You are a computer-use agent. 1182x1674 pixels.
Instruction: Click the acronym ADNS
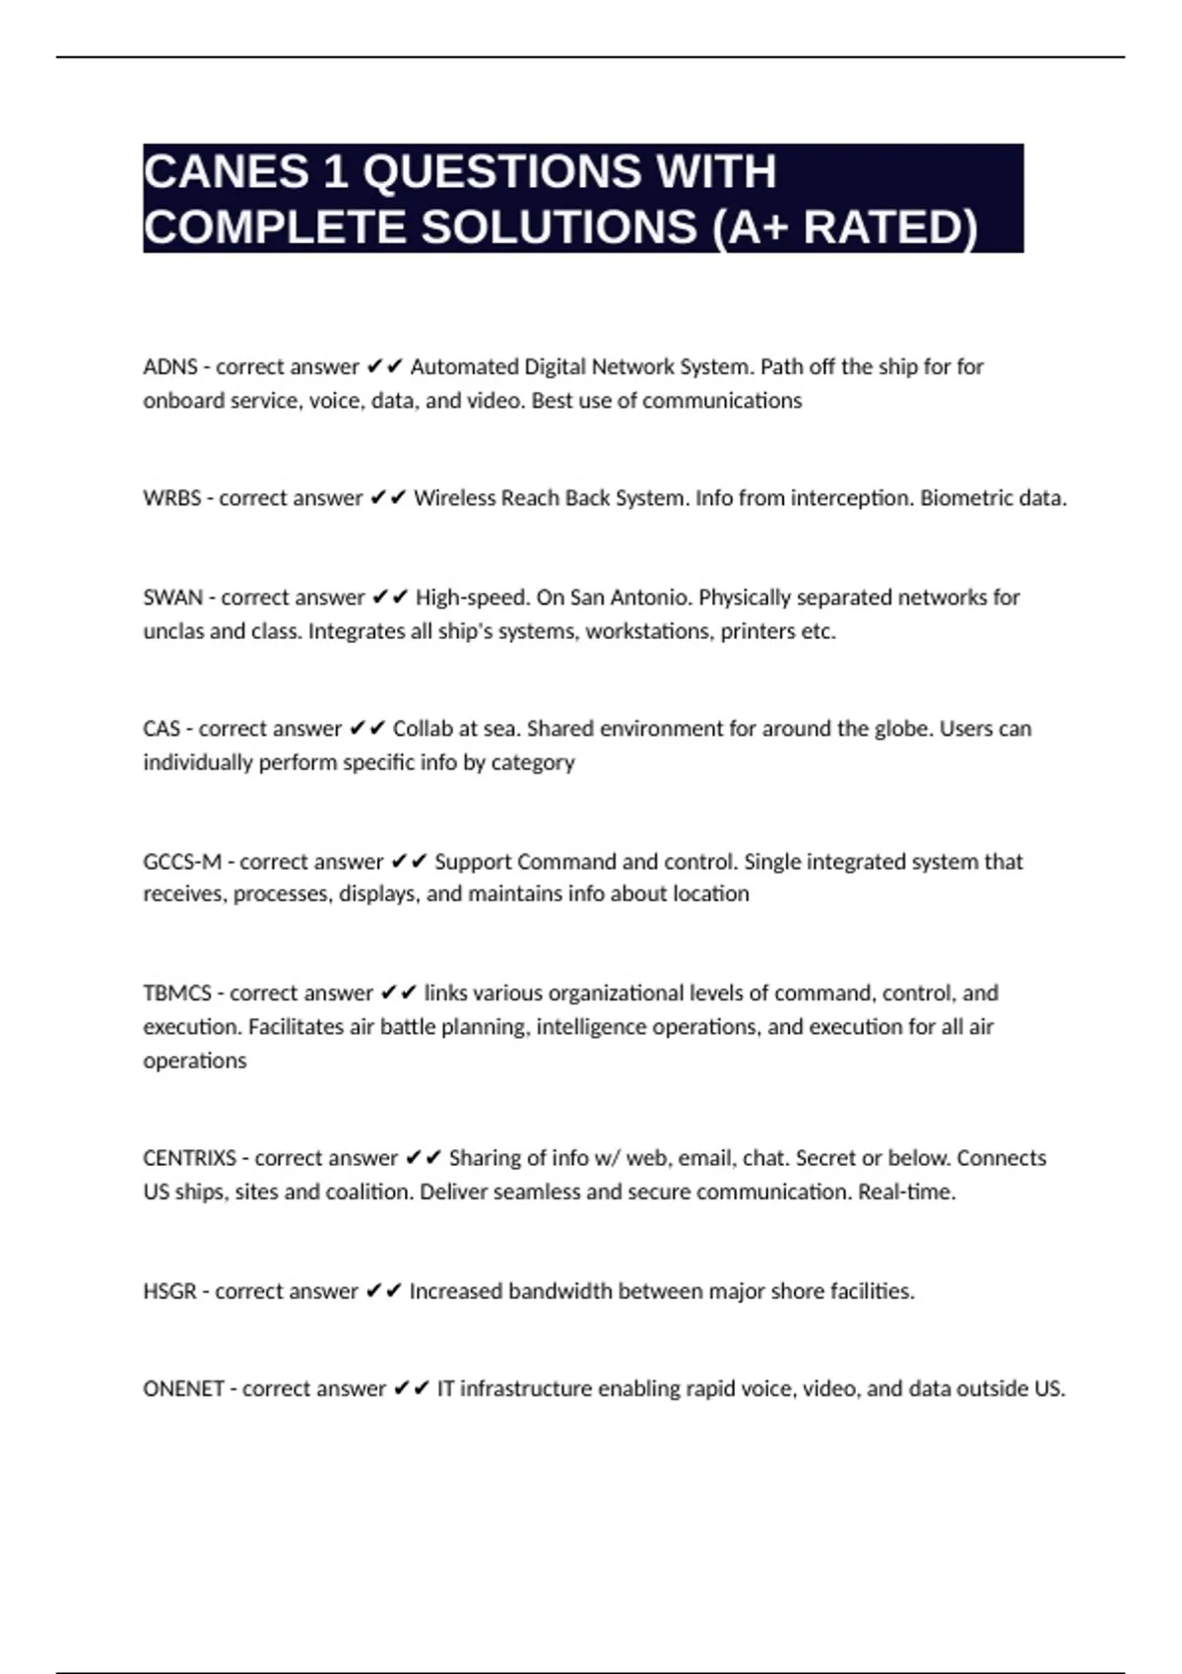click(170, 367)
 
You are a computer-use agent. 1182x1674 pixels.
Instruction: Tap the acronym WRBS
click(171, 498)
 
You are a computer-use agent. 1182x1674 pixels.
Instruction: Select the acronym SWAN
click(172, 598)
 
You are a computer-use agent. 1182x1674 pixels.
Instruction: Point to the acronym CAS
click(162, 729)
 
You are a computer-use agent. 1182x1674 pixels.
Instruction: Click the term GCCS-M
click(182, 862)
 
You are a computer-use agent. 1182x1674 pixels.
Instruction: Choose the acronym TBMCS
click(177, 993)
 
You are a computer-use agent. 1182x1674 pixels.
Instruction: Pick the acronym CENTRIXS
click(189, 1158)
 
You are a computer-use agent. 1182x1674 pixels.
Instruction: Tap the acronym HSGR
click(169, 1291)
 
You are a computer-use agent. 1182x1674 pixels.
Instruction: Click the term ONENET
click(183, 1388)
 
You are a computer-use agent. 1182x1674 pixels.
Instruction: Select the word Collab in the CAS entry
click(422, 729)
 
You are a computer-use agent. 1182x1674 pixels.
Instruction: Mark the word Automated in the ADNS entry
click(464, 367)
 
